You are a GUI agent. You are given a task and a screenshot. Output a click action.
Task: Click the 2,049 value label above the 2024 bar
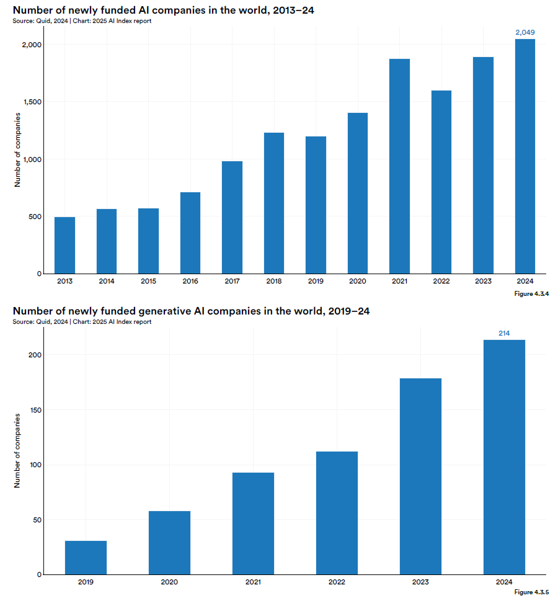tap(525, 32)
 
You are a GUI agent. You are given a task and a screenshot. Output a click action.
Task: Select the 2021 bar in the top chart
tap(399, 166)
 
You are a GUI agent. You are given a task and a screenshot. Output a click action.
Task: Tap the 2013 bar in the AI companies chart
tap(65, 245)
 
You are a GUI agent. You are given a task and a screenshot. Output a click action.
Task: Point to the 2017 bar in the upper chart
tap(232, 217)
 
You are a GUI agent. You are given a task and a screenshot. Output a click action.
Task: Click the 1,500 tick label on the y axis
tap(32, 102)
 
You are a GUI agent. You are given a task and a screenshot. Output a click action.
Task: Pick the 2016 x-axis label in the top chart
tap(190, 281)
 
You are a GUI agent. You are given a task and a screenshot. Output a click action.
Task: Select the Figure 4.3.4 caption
tap(531, 293)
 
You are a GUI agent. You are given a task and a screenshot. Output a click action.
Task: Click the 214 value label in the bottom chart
tap(504, 333)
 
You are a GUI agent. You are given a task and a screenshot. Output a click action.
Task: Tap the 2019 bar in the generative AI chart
tap(86, 558)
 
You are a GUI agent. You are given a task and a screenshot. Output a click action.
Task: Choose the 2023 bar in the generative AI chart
tap(420, 476)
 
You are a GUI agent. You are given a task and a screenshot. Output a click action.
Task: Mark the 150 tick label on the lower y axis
tap(35, 410)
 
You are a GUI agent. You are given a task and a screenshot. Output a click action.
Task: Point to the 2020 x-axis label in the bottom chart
tap(169, 582)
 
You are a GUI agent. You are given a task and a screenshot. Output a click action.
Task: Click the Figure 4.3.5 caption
tap(531, 592)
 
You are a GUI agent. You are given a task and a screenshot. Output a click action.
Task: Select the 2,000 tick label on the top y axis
tap(32, 45)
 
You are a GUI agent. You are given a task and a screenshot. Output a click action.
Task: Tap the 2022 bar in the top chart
tap(441, 182)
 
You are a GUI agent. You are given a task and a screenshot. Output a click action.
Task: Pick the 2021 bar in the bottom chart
tap(253, 524)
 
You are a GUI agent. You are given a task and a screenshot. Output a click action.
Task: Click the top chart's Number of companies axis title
tap(17, 150)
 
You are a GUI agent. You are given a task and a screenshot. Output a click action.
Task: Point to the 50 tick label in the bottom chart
tap(37, 520)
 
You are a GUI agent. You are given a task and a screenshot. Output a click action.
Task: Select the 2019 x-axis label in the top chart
tap(316, 281)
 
